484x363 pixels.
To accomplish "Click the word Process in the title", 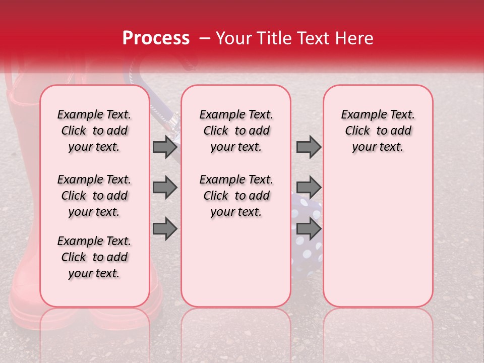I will tap(156, 38).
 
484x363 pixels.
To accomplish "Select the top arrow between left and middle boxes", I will tap(165, 147).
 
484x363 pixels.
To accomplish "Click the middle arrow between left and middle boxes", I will tap(165, 188).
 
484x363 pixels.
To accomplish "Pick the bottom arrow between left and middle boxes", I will tap(165, 229).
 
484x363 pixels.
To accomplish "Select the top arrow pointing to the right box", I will tap(309, 147).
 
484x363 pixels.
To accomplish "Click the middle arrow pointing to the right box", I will tap(309, 188).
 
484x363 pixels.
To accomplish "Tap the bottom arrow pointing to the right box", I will tap(309, 229).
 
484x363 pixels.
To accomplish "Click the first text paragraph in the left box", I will tap(94, 131).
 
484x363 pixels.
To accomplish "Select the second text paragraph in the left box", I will tap(94, 196).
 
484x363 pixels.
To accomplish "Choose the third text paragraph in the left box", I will tap(94, 257).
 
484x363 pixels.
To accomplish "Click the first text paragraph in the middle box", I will tap(236, 131).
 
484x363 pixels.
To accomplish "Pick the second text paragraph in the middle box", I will tap(236, 196).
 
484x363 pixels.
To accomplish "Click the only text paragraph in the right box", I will tap(378, 131).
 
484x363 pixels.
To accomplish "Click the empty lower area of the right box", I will tap(378, 242).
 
